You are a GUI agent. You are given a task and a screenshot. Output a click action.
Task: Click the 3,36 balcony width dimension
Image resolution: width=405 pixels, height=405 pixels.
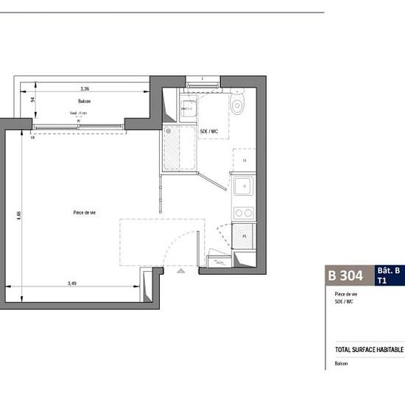point(85,88)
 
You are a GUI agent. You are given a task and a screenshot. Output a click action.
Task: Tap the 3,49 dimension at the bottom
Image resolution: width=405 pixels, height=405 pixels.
point(71,283)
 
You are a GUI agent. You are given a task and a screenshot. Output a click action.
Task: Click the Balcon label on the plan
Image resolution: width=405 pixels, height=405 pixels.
point(84,101)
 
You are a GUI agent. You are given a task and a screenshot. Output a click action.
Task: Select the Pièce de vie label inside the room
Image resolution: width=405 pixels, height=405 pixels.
point(85,212)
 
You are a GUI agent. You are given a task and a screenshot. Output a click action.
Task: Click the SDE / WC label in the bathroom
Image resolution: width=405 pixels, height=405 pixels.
point(209,131)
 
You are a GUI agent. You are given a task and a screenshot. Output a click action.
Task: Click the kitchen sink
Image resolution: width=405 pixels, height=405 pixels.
point(243,187)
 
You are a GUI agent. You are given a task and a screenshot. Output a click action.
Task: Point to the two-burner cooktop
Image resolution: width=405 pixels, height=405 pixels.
point(243,213)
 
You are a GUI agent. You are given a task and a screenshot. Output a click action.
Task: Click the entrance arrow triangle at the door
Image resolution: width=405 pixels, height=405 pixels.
point(181,272)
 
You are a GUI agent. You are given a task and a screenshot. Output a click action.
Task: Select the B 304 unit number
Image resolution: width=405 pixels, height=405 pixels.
point(345,276)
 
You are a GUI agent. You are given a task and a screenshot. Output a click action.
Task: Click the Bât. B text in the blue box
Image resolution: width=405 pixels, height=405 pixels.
point(388,271)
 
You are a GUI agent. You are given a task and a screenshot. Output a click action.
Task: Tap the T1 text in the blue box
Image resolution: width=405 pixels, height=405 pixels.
point(381,281)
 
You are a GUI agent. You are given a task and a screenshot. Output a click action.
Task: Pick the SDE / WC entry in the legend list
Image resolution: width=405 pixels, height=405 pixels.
point(344,301)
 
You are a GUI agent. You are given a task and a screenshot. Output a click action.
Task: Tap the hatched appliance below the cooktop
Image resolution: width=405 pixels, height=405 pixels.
point(244,235)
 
